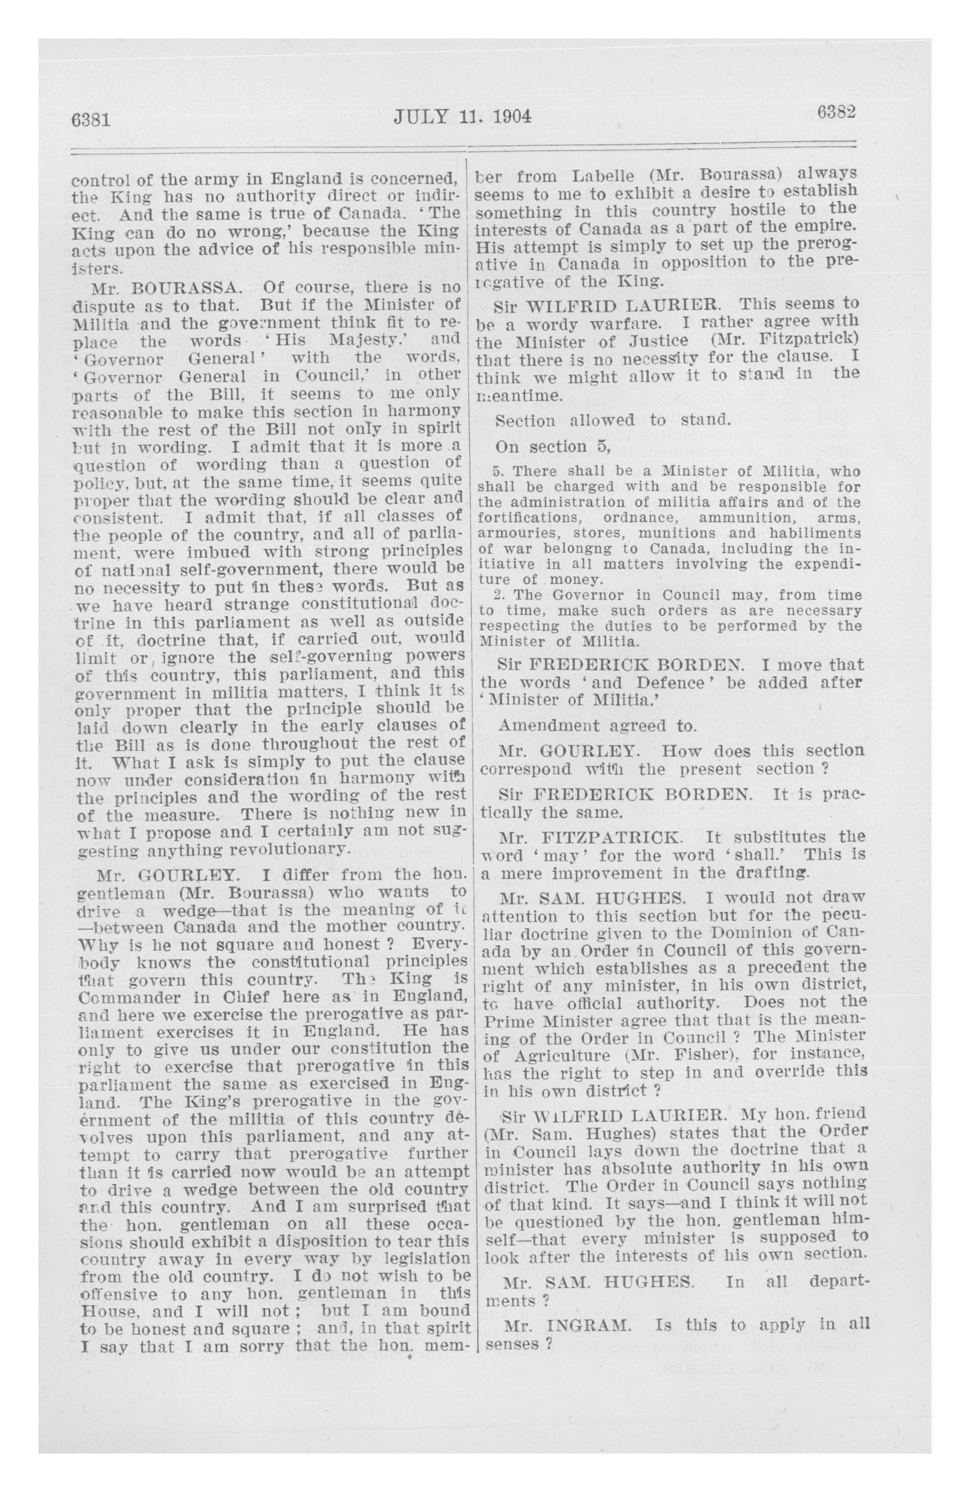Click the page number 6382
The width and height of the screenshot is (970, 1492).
coord(836,112)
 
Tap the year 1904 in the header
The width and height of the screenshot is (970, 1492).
coord(511,116)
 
